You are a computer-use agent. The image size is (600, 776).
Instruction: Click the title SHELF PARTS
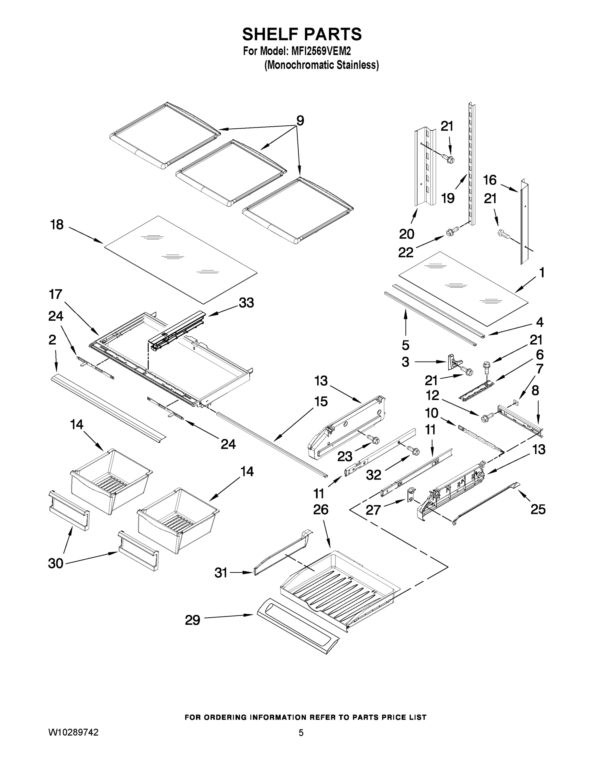coord(302,35)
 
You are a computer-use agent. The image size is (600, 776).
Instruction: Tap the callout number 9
coord(300,121)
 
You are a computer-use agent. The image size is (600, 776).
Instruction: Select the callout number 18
coord(57,225)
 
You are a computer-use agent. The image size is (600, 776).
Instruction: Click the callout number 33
coord(246,303)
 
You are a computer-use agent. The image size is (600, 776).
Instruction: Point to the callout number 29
coord(192,620)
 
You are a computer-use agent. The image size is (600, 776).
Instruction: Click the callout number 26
coord(321,510)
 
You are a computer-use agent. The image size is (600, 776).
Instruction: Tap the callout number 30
coord(56,564)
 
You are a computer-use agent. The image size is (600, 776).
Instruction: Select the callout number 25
coord(538,510)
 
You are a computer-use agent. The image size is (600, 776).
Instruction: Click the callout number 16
coord(489,180)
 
